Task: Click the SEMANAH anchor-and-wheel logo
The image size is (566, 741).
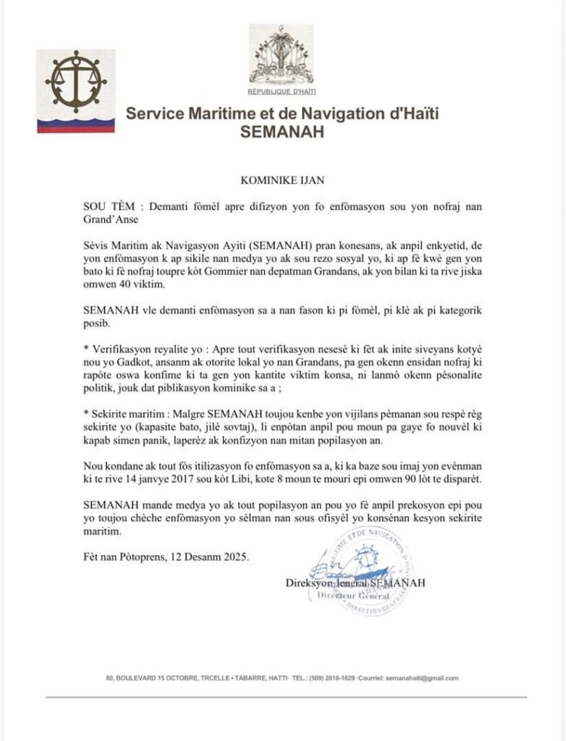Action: click(x=75, y=81)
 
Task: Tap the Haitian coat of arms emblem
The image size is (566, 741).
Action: click(x=282, y=55)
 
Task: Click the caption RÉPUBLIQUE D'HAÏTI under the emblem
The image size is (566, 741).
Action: click(x=282, y=92)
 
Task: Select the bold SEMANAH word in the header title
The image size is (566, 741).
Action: click(x=282, y=133)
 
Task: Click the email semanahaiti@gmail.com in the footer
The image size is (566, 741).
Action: click(x=423, y=678)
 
